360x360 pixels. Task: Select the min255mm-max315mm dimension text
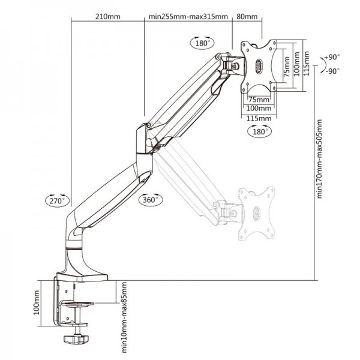pos(188,17)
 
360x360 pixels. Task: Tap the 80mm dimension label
pos(247,17)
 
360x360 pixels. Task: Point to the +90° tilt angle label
pos(331,57)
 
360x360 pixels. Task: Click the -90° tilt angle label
pos(331,70)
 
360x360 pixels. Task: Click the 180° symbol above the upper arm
pos(201,43)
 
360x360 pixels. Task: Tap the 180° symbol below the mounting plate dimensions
pos(259,131)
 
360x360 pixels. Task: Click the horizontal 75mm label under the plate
pos(258,99)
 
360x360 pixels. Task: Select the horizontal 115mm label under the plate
pos(259,118)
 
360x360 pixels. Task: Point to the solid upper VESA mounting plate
pos(260,64)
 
